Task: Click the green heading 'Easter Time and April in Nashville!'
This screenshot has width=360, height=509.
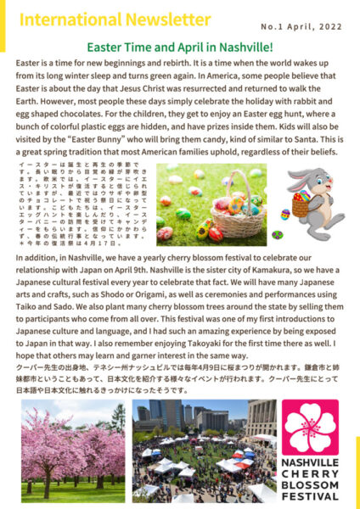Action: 179,48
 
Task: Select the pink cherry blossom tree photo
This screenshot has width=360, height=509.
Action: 73,450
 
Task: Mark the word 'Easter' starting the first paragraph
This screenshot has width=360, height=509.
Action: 29,63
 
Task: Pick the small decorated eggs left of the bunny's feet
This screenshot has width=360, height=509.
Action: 277,234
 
